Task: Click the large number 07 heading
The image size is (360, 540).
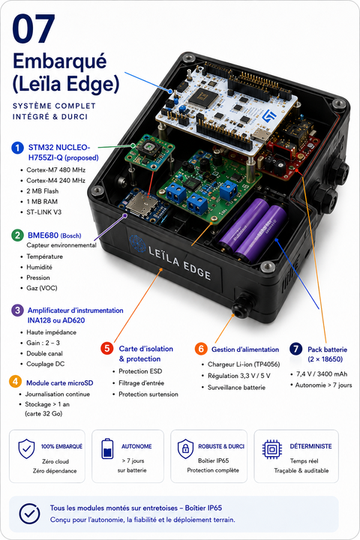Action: coord(34,28)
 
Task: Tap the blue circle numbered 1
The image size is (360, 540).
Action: coord(17,148)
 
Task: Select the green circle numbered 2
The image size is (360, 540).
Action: coord(17,235)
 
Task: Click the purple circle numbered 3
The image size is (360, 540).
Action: coord(17,310)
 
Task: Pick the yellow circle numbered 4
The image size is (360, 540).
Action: coord(15,382)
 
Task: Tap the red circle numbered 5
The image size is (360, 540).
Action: coord(106,348)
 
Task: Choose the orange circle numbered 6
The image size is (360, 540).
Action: coord(201,349)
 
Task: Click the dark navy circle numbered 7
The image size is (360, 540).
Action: coord(296,349)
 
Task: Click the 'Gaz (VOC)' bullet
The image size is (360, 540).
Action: coord(42,288)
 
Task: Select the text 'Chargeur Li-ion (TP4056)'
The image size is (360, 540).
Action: coord(244,364)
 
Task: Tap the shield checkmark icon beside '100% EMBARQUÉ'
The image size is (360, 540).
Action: coord(26,448)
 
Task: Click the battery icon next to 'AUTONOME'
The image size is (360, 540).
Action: coord(107,448)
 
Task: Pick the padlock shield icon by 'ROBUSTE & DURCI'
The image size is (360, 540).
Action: coord(186,448)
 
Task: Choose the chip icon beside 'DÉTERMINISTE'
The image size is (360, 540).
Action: coord(272,449)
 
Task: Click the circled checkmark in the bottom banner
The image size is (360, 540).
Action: coord(30,514)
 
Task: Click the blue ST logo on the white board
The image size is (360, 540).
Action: coord(268,116)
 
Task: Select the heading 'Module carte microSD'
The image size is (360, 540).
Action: coord(59,383)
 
